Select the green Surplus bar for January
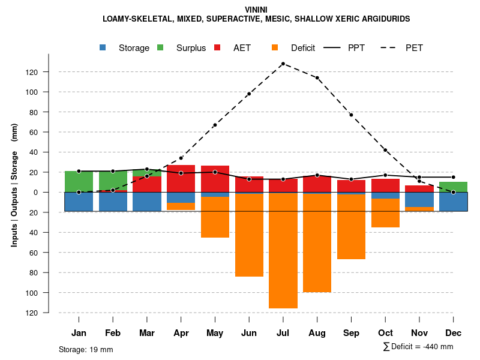79,181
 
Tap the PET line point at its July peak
283,64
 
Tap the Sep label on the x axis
351,333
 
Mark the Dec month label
454,333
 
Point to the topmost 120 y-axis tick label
32,72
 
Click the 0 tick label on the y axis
36,192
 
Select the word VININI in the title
256,10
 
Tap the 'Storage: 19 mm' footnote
86,349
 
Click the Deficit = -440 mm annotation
418,347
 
